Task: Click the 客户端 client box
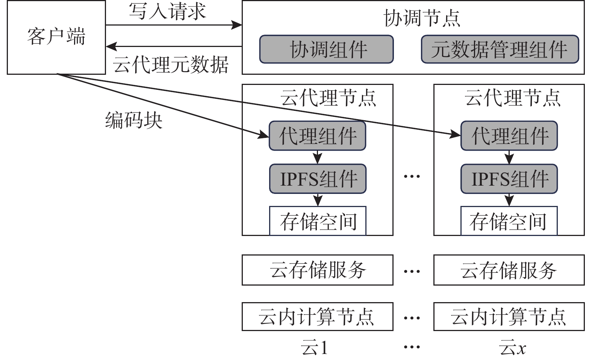point(56,37)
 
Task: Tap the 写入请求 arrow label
point(167,11)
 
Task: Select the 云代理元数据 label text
point(171,64)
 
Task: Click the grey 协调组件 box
point(326,49)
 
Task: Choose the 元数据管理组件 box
point(500,49)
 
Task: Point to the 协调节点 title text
point(422,18)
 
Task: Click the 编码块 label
point(134,120)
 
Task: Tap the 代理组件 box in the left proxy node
point(318,136)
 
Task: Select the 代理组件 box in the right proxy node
point(509,136)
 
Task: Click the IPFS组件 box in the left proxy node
point(318,179)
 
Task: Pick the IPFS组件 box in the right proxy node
point(509,179)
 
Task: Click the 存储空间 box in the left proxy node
point(318,221)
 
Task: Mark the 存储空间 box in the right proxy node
point(509,221)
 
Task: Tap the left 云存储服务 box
point(318,270)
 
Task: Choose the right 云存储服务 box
point(509,270)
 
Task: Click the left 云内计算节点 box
point(318,316)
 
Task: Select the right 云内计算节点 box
point(509,316)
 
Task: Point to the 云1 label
point(315,348)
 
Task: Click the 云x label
point(513,348)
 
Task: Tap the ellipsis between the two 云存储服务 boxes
point(412,271)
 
